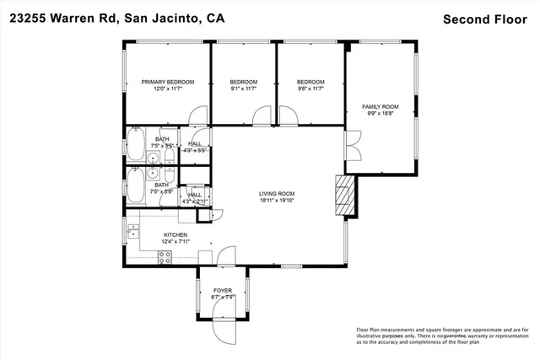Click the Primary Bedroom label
[168, 82]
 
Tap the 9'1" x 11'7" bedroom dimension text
[243, 89]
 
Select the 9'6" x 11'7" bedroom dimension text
[310, 89]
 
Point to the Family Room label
[381, 106]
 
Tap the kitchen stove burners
[165, 259]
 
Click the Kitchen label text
[174, 235]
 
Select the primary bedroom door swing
[196, 116]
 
